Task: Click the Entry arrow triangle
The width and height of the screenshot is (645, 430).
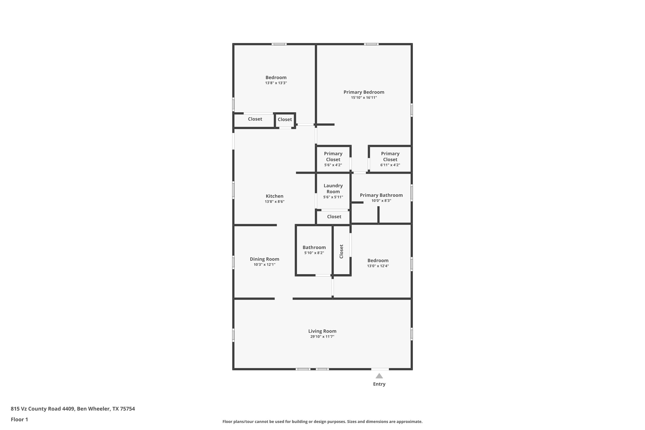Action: click(x=379, y=376)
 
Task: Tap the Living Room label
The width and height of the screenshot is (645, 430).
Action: click(x=322, y=331)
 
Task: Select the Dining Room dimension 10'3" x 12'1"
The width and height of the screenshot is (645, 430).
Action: click(x=264, y=265)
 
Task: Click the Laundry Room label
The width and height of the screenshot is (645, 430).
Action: click(x=333, y=189)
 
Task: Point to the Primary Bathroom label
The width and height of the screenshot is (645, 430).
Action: click(x=381, y=195)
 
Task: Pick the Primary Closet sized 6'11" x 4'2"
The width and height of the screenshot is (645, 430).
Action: click(x=390, y=159)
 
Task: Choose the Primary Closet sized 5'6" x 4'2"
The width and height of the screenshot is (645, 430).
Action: click(x=333, y=159)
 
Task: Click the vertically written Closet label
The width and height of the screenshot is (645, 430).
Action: click(x=342, y=251)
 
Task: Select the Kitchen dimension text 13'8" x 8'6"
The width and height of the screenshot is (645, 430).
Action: click(x=274, y=202)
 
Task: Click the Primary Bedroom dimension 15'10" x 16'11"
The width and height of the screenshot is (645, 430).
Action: click(x=364, y=98)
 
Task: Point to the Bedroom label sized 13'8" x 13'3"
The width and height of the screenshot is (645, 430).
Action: click(x=276, y=78)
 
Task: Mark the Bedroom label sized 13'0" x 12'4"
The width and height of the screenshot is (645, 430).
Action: click(x=377, y=261)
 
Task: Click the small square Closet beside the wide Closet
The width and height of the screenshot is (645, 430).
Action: click(x=285, y=120)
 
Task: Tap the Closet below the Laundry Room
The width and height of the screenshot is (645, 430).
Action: click(x=334, y=217)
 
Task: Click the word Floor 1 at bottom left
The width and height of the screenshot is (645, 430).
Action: click(x=19, y=419)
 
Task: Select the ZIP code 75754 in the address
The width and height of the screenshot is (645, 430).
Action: click(x=127, y=409)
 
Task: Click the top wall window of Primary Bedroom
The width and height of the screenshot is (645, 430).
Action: click(x=371, y=44)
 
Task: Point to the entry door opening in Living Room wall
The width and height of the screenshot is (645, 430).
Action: click(x=380, y=369)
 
